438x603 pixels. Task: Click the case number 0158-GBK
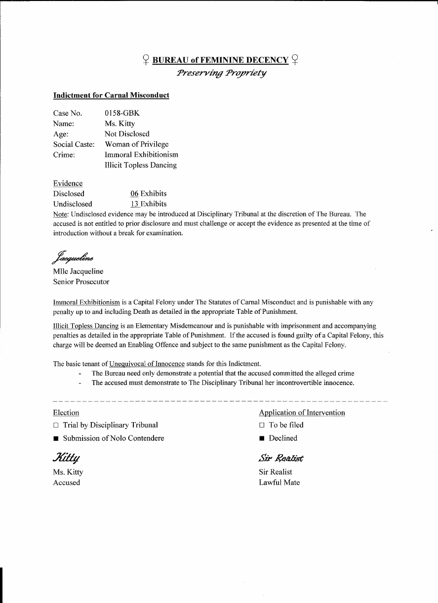tap(122, 113)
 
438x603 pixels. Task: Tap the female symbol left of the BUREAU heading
tap(146, 60)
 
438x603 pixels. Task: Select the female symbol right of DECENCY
tap(295, 60)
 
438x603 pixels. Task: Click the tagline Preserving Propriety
tap(221, 73)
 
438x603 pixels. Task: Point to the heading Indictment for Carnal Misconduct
tap(111, 95)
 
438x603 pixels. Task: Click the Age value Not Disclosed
tap(127, 134)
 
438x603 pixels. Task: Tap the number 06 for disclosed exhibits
tap(134, 194)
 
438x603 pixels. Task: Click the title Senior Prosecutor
tap(81, 282)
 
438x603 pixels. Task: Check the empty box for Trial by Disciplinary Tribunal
tap(56, 425)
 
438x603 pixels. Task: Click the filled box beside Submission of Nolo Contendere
tap(56, 438)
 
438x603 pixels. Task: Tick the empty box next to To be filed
tap(262, 425)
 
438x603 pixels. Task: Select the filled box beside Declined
tap(262, 438)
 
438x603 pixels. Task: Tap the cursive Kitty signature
tap(66, 457)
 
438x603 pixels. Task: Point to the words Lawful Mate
tap(279, 482)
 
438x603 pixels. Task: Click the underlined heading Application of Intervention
tap(302, 413)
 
